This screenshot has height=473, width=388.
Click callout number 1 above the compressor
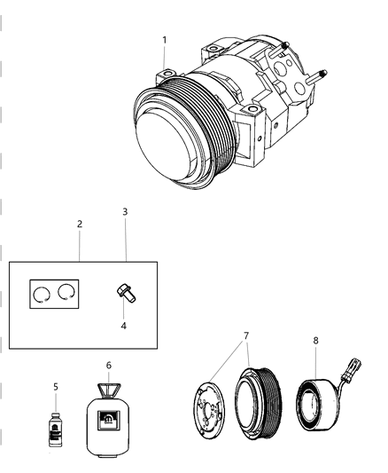click(x=165, y=40)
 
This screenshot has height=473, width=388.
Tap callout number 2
click(x=80, y=225)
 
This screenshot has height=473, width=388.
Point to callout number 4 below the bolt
click(x=124, y=326)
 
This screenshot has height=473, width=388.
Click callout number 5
click(x=55, y=387)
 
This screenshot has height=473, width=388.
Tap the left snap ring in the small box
click(x=41, y=295)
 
